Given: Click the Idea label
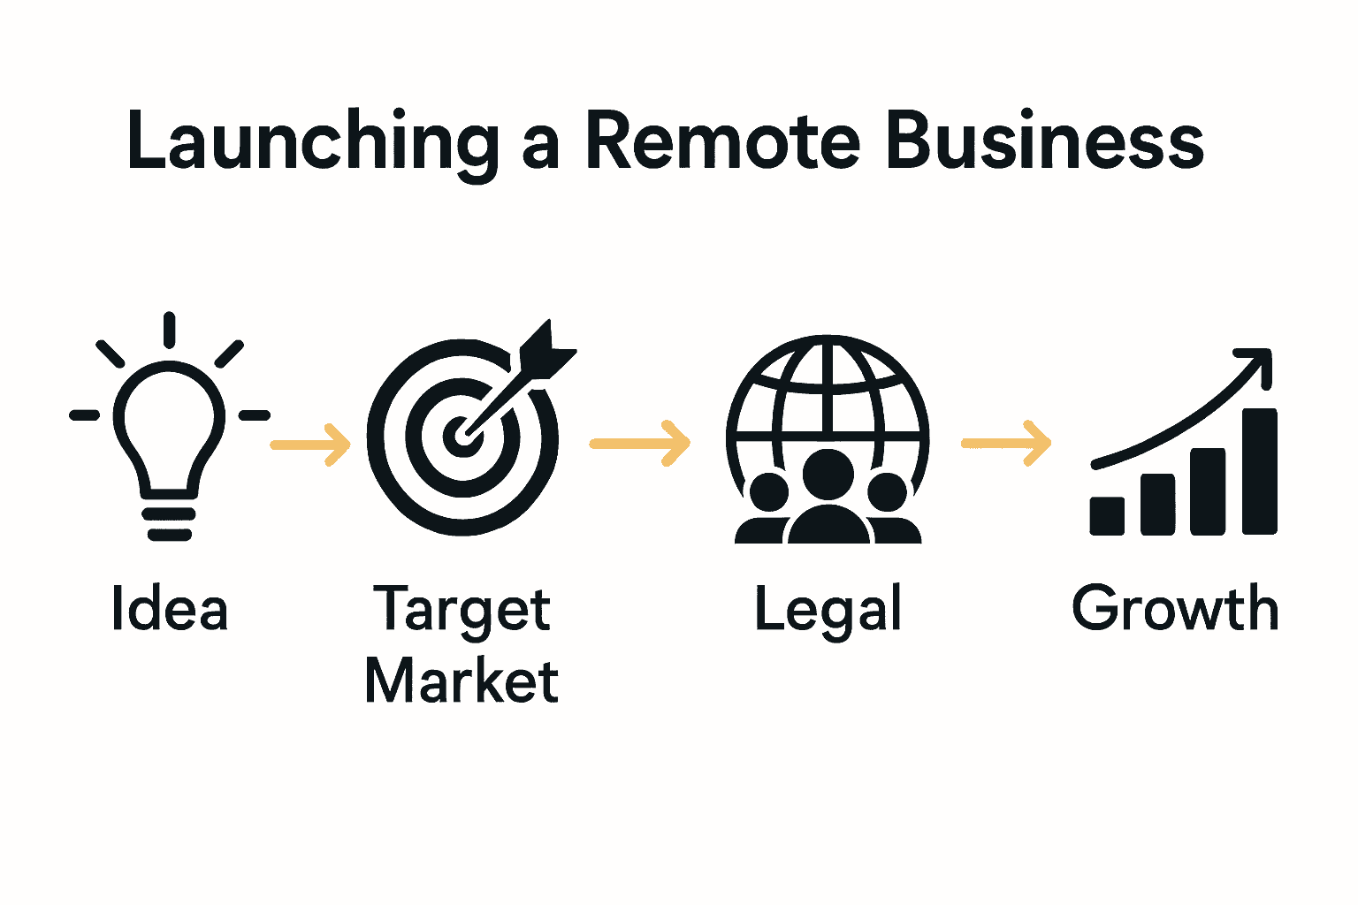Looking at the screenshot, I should pos(170,609).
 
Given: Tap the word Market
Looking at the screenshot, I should pos(462,681).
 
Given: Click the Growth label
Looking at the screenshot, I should pos(1175,609).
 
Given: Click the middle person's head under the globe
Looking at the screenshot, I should pos(828,475).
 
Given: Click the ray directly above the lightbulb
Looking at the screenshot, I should pos(169,330).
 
